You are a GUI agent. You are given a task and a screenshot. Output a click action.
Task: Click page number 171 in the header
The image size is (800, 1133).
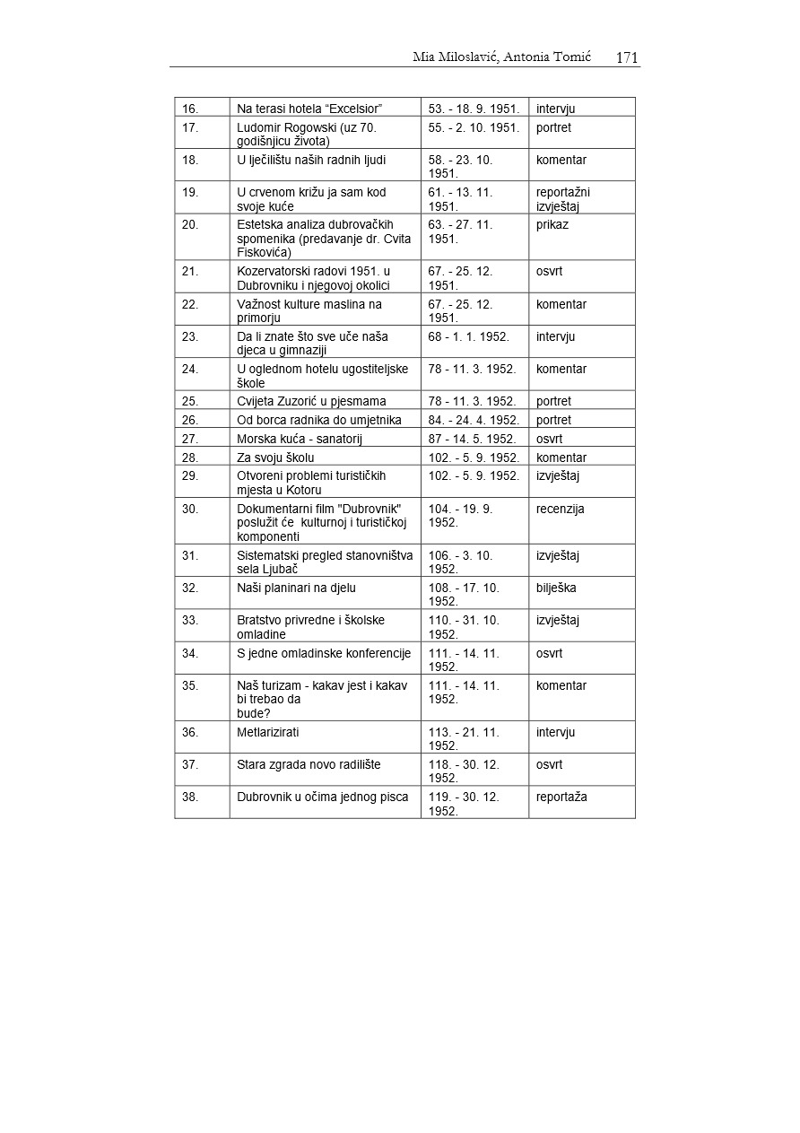click(x=627, y=57)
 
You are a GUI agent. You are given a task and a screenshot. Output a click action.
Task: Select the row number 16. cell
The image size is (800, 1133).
click(x=190, y=109)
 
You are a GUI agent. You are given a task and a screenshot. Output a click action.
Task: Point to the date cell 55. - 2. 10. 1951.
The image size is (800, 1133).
click(x=474, y=127)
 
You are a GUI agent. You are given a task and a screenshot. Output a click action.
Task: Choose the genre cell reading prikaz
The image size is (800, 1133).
click(x=552, y=224)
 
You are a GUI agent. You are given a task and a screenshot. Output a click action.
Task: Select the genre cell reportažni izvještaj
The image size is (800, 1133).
click(x=562, y=198)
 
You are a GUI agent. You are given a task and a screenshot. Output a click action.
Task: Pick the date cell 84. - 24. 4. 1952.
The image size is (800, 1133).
click(x=472, y=420)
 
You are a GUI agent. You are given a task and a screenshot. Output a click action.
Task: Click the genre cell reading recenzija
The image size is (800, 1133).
click(x=560, y=509)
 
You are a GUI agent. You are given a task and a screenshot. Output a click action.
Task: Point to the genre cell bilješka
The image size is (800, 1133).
click(x=556, y=588)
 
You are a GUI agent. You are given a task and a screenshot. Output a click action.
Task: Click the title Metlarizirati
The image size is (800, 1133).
click(x=268, y=732)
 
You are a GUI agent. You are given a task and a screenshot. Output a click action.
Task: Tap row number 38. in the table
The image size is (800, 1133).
click(x=190, y=797)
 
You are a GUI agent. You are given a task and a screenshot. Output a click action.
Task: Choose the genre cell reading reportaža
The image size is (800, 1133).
click(x=561, y=797)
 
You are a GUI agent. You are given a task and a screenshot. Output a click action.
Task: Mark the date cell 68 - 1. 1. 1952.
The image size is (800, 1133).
click(x=468, y=336)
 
